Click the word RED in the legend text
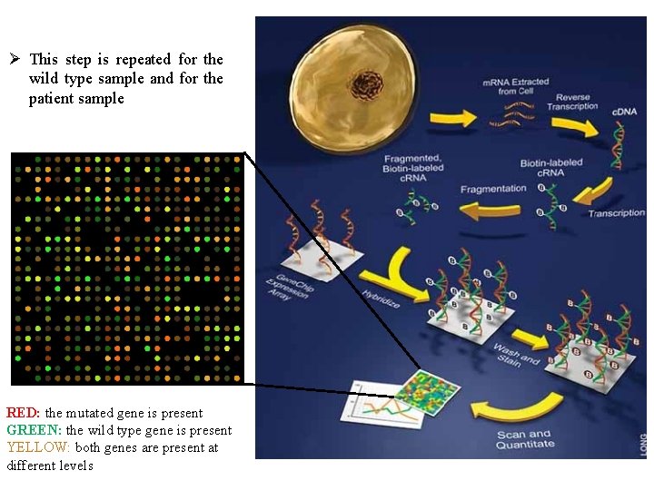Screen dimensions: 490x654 click(x=23, y=414)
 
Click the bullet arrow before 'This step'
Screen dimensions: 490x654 click(x=14, y=60)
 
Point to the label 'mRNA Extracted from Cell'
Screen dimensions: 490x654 click(x=516, y=86)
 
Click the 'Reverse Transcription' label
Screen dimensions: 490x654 click(x=573, y=102)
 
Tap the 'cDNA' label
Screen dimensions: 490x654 click(x=624, y=112)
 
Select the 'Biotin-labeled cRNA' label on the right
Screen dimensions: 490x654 click(x=551, y=168)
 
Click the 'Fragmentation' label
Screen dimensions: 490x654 click(x=493, y=189)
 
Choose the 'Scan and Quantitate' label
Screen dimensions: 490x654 click(x=525, y=439)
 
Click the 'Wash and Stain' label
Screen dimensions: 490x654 click(x=516, y=356)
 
